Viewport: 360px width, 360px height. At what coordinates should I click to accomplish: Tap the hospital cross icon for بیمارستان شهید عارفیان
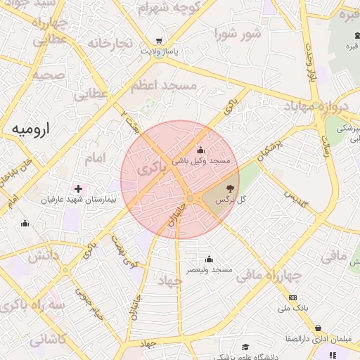click(x=78, y=188)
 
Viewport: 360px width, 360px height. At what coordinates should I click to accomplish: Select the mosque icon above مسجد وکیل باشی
click(x=200, y=150)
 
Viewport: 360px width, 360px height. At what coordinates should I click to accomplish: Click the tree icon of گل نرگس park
click(x=229, y=188)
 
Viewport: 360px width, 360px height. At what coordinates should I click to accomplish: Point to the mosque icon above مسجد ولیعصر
click(x=209, y=259)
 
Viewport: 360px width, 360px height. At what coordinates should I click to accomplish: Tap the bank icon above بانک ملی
click(x=293, y=297)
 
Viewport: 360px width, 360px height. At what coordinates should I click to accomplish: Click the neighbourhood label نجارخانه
click(x=110, y=43)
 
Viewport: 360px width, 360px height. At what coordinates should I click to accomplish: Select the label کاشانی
click(x=46, y=340)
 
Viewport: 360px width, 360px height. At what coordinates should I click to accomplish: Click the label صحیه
click(x=49, y=74)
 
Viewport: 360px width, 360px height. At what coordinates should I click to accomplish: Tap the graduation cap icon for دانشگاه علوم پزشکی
click(x=245, y=347)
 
